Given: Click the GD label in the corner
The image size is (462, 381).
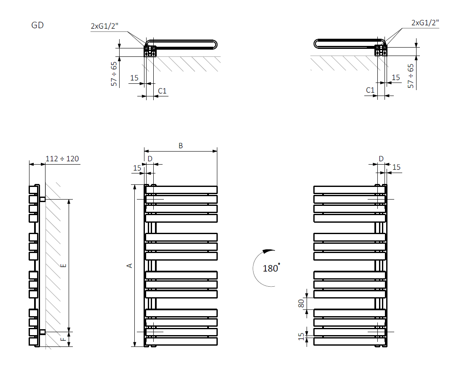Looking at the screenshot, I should coord(37,25).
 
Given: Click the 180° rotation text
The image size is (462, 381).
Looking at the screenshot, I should coord(271,268).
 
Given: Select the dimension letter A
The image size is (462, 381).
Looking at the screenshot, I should coord(130,265).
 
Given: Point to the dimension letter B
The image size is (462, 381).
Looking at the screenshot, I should coord(181,146).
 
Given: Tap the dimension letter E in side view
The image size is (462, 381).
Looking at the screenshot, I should coord(64,265).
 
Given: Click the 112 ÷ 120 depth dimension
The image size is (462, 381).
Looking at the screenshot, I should coord(62,159).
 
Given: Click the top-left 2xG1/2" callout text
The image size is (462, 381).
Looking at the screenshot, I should coord(105,26).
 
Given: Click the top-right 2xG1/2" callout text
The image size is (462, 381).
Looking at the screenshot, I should coord(425,23).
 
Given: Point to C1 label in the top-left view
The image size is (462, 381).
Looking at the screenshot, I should coord(162,91).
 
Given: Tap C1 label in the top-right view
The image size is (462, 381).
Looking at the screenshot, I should coord(370,90).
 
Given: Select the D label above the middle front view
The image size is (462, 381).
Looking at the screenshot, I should coord(150,159).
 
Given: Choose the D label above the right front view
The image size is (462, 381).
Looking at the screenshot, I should coord(381,159).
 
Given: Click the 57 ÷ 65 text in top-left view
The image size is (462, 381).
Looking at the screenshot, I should coord(114,74).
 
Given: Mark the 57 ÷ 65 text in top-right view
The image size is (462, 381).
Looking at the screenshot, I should coord(411,76).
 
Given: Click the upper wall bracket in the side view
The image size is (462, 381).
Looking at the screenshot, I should coord(42,199).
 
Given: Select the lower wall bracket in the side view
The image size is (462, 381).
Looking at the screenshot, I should coord(42,332).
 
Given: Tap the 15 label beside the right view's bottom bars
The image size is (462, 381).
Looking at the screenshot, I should coord(301,336).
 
